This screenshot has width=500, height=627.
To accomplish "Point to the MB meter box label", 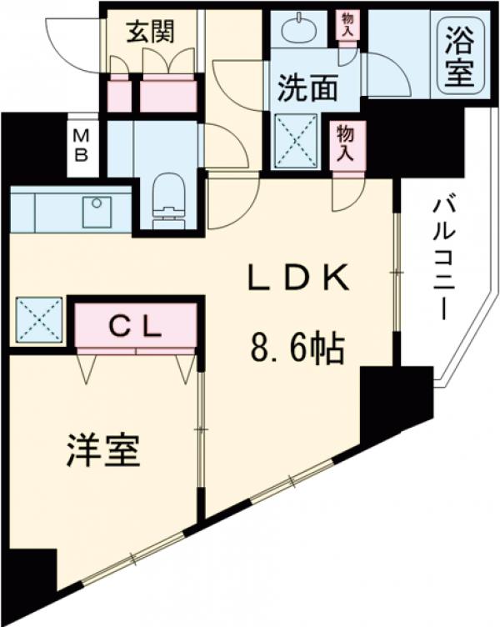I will point(82,145).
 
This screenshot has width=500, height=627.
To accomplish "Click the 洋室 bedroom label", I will point(102,451).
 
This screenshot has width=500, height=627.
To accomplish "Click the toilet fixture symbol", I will point(169,198).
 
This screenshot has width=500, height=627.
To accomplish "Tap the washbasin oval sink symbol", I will point(299,31).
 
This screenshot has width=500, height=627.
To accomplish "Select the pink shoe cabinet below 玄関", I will point(167,94).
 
